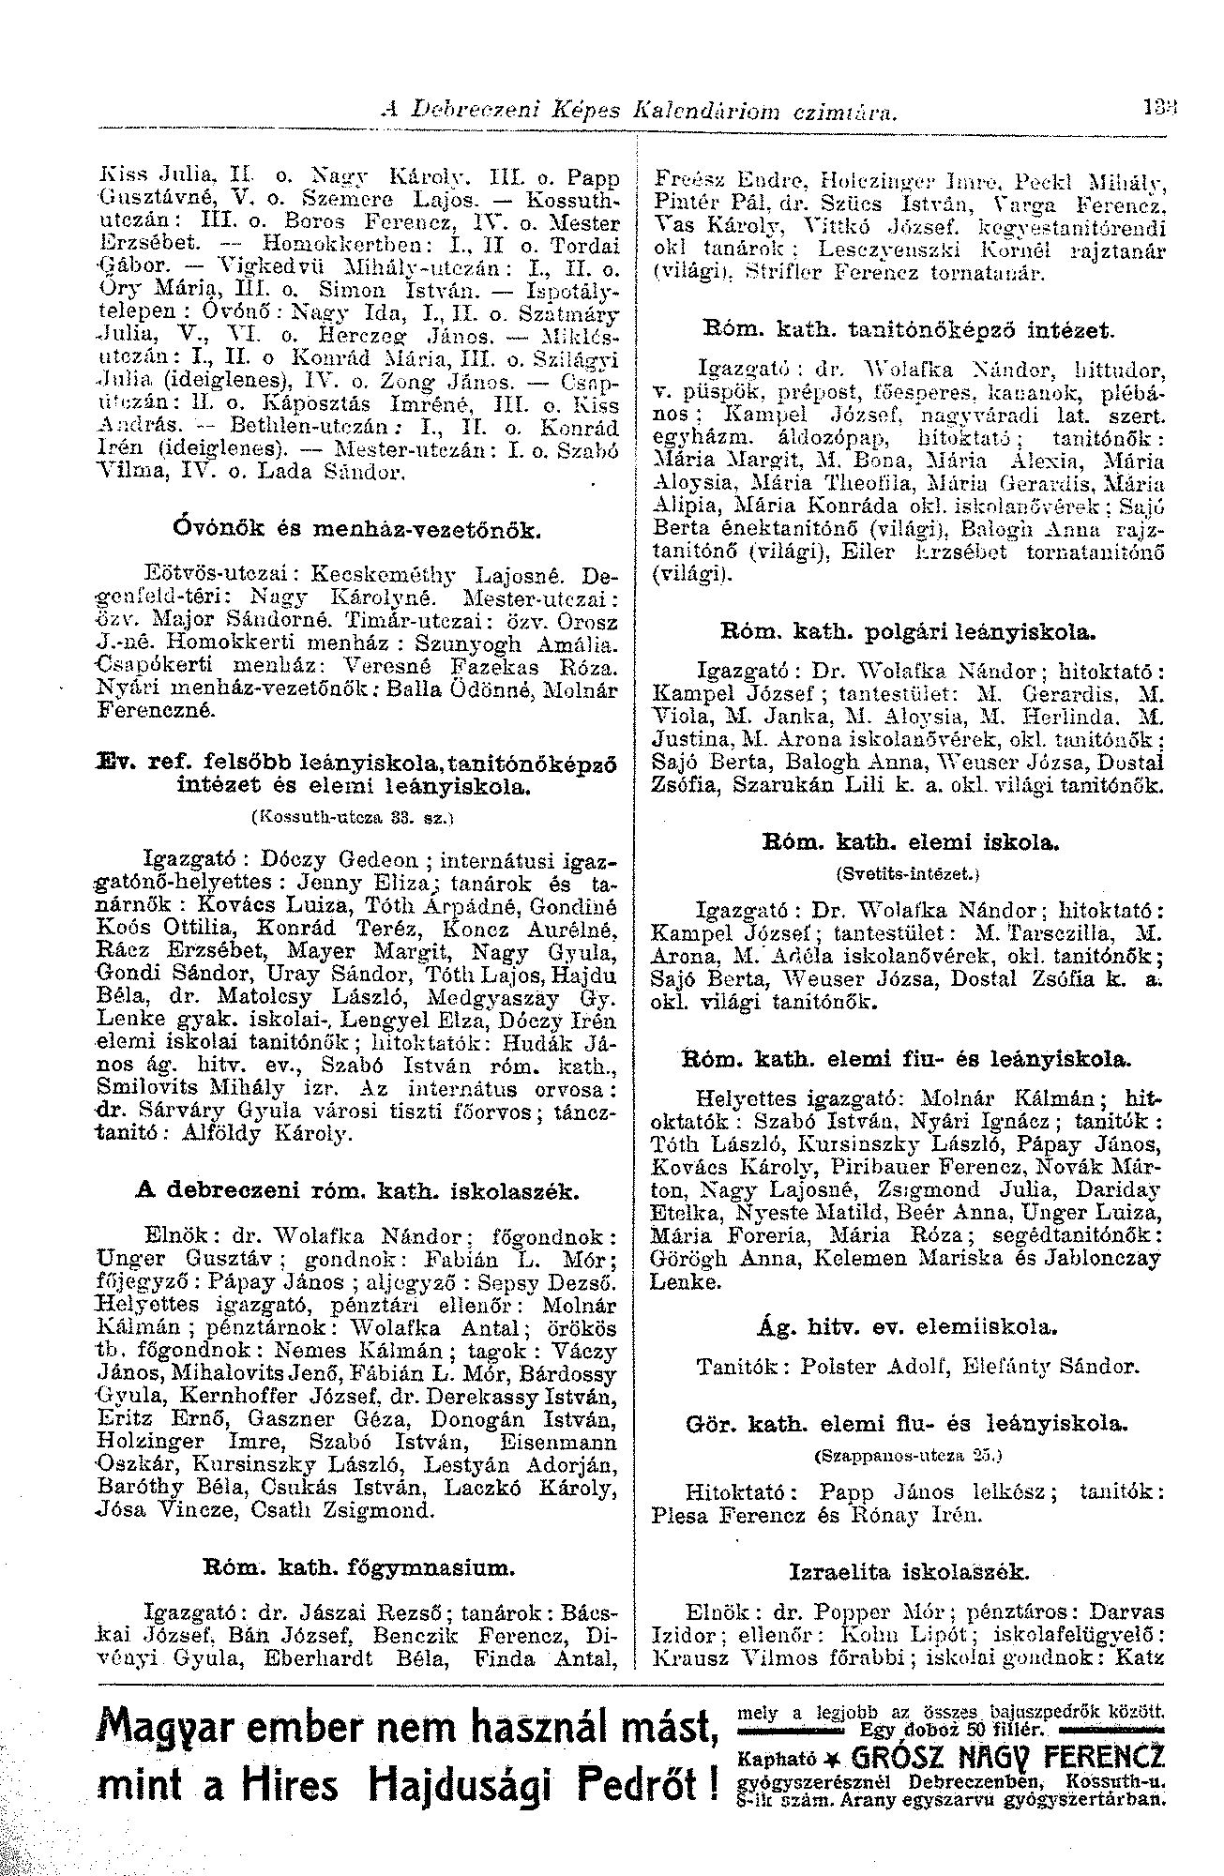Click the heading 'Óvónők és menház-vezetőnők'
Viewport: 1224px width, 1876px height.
point(355,532)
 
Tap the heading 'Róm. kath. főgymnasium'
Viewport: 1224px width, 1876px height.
point(357,1565)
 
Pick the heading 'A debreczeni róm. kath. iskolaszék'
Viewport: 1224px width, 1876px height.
point(357,1192)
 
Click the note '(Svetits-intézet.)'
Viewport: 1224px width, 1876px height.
point(906,872)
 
